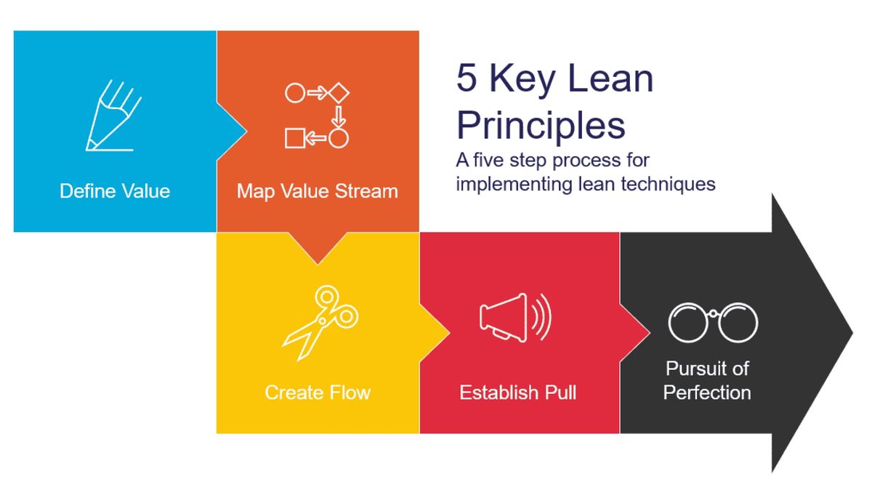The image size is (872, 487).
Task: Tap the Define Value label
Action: click(115, 191)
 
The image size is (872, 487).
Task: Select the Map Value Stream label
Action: click(318, 191)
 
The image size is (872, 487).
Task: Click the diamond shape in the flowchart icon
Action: click(339, 94)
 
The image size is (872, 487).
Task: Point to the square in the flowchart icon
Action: click(294, 137)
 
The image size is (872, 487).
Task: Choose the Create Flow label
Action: click(318, 393)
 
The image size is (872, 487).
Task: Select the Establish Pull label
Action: click(518, 393)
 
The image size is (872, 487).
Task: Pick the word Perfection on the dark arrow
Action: click(707, 393)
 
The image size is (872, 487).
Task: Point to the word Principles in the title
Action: click(541, 125)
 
